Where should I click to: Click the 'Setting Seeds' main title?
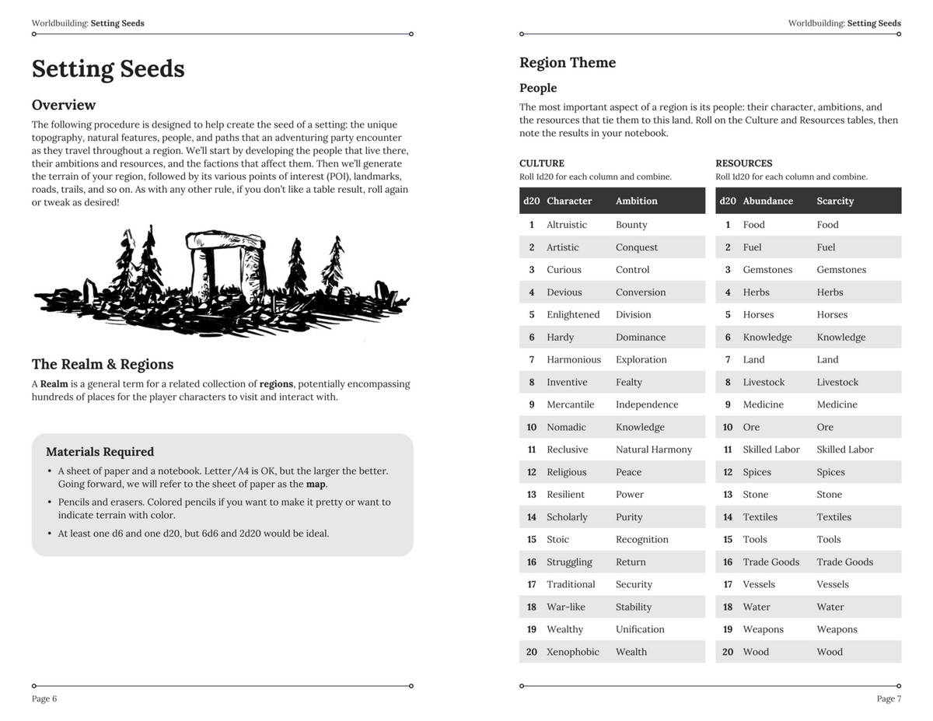coord(108,69)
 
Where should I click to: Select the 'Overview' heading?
coord(64,105)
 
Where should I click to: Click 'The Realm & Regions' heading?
coord(103,364)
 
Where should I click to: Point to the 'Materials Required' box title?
coord(100,452)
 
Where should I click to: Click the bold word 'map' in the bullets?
coord(316,484)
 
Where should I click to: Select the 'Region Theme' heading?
coord(568,63)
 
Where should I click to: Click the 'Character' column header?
coord(569,201)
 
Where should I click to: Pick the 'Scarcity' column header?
coord(835,201)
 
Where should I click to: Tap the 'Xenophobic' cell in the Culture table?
coord(572,652)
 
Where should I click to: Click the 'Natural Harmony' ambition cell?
coord(653,450)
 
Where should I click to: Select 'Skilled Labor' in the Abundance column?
coord(771,450)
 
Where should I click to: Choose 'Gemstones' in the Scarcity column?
coord(841,270)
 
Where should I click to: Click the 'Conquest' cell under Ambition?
coord(636,247)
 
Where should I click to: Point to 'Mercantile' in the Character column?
coord(570,404)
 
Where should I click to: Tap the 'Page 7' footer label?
coord(889,698)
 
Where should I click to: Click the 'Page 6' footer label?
coord(44,698)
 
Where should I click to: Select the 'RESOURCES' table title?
coord(743,163)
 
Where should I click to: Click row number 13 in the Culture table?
coord(532,495)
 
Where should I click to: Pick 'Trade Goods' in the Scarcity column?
coord(844,562)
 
